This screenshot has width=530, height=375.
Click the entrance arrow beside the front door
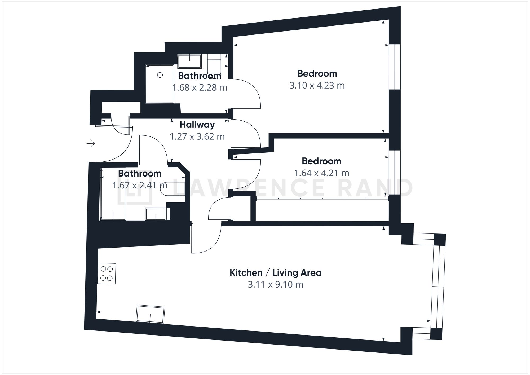click(x=91, y=144)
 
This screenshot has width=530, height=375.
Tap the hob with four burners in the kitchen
click(x=107, y=273)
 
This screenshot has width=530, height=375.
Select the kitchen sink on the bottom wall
click(x=151, y=315)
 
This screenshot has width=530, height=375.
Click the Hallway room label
click(x=197, y=125)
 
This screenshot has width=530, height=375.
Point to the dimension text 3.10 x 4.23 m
click(x=317, y=86)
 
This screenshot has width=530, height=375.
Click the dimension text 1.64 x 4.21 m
click(x=321, y=173)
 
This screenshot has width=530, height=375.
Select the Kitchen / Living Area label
click(x=275, y=273)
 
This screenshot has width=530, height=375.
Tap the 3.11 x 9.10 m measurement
click(x=275, y=285)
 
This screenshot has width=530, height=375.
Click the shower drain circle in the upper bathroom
click(x=160, y=75)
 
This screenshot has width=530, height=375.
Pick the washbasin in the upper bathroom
click(x=189, y=61)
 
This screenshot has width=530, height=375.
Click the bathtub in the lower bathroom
click(x=113, y=194)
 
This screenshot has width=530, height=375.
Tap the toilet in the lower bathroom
click(x=172, y=189)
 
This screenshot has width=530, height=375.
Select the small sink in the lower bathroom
click(x=156, y=214)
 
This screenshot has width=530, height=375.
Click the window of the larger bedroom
click(x=395, y=67)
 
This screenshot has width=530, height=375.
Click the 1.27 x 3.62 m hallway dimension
click(x=197, y=136)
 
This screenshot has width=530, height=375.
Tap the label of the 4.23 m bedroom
click(x=317, y=73)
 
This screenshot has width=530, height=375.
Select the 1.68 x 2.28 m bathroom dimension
click(x=200, y=87)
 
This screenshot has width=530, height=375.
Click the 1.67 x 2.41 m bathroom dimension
click(x=140, y=185)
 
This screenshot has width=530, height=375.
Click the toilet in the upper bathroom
click(x=214, y=65)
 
